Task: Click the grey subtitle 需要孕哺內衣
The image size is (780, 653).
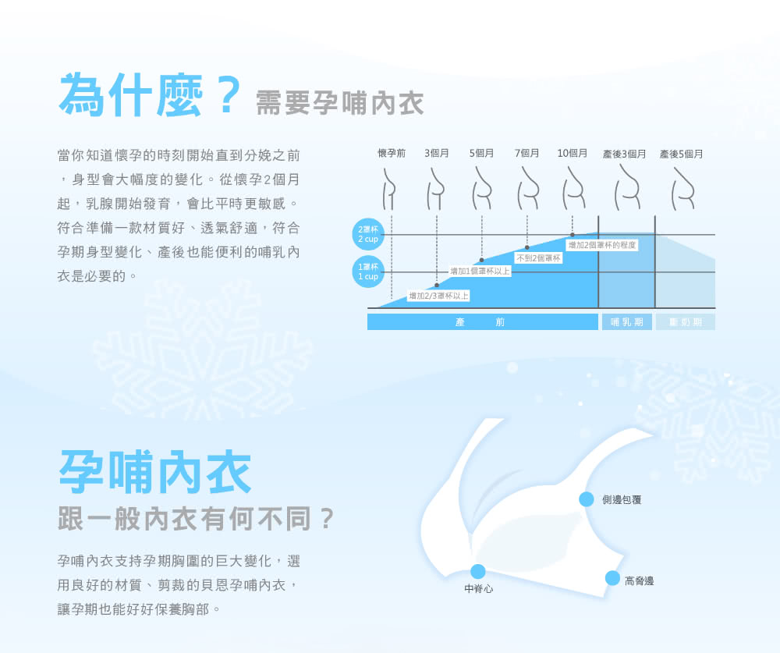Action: click(340, 103)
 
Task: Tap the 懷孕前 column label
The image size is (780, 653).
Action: click(392, 153)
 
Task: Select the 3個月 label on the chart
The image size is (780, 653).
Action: click(436, 153)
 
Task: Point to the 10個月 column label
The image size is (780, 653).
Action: click(572, 153)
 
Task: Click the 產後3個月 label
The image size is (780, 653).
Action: click(624, 154)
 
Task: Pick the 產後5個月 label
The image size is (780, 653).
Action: click(681, 154)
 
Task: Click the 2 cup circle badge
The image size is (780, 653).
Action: click(368, 234)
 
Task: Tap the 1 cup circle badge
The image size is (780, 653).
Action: click(368, 271)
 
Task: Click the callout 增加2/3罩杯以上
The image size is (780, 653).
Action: click(438, 296)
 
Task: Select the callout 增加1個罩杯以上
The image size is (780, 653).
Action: click(480, 271)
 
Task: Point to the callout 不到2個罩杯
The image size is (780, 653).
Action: click(538, 257)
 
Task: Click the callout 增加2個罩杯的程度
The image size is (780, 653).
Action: click(602, 245)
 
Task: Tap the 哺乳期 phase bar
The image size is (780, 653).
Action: click(627, 322)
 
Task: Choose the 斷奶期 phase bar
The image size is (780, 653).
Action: click(686, 322)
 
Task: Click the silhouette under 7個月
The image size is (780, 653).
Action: click(528, 188)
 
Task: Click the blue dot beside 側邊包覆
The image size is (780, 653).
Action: click(587, 499)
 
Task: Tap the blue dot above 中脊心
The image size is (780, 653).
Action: click(477, 571)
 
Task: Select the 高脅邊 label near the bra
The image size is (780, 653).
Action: click(640, 580)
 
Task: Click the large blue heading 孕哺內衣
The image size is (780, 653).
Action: click(155, 472)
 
